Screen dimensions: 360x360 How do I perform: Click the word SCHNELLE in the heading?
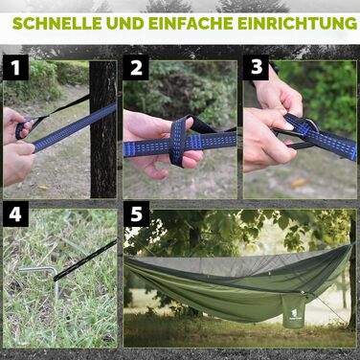57,23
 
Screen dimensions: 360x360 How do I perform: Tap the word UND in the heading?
124,23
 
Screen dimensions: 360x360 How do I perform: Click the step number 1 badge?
16,68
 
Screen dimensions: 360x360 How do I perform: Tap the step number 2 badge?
136,68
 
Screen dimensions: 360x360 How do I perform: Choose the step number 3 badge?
256,68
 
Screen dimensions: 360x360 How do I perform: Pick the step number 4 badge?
16,214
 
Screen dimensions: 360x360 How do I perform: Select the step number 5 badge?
136,214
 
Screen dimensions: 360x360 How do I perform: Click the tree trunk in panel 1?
102,129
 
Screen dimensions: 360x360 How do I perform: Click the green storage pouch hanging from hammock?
293,310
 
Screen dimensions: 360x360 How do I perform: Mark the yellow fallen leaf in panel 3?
299,183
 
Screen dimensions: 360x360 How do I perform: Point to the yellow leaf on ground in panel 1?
43,188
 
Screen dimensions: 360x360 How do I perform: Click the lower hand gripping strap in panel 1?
17,161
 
